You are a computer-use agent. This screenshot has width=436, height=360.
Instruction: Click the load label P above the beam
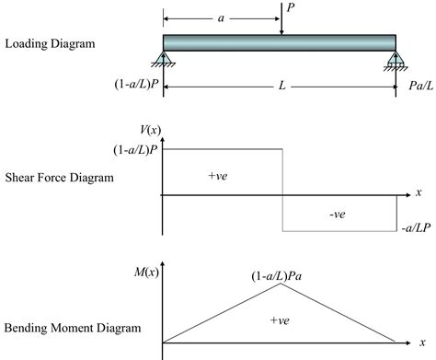[x=291, y=7]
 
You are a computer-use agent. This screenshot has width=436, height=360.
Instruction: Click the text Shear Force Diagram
[x=59, y=178]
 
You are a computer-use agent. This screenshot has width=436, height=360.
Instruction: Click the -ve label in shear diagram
[x=338, y=214]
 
